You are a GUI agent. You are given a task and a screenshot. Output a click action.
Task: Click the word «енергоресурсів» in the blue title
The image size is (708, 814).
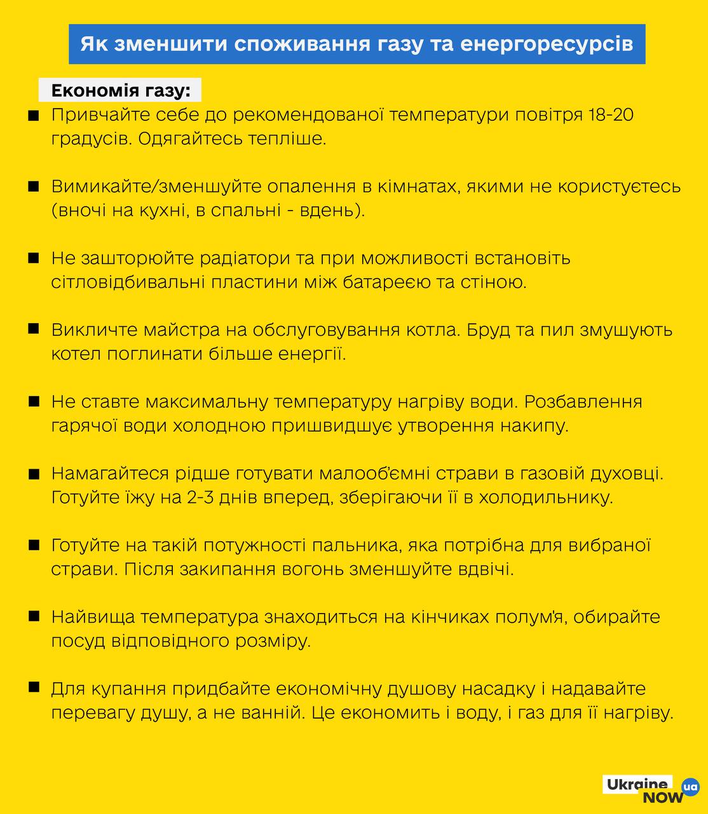click(x=546, y=44)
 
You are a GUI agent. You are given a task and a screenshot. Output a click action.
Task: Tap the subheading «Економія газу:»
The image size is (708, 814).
click(x=120, y=91)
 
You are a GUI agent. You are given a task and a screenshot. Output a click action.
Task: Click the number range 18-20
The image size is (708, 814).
click(x=609, y=115)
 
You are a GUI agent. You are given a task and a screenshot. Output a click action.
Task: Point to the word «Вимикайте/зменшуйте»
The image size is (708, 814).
click(x=149, y=187)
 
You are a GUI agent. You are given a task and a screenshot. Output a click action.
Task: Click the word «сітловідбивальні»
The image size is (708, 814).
click(x=129, y=282)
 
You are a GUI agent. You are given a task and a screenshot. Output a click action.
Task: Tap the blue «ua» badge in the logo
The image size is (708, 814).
click(x=690, y=787)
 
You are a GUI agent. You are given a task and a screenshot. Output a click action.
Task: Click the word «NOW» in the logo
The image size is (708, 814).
click(x=663, y=797)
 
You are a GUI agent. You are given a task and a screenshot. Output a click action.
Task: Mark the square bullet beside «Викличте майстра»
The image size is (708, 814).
click(x=34, y=329)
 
